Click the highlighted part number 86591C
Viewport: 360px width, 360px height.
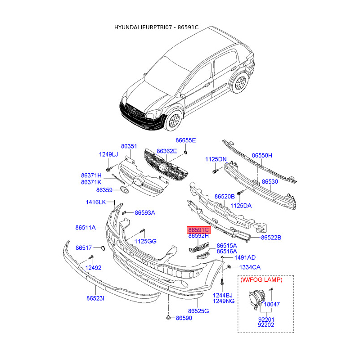pyautogui.click(x=198, y=229)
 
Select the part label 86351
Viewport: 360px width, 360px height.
pyautogui.click(x=129, y=146)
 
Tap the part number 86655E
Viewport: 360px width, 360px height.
pyautogui.click(x=186, y=140)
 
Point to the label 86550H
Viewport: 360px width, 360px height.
pyautogui.click(x=262, y=155)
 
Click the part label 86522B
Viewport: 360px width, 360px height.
pyautogui.click(x=271, y=237)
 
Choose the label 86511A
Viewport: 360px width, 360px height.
pyautogui.click(x=85, y=228)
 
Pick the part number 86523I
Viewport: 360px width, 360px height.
pyautogui.click(x=95, y=298)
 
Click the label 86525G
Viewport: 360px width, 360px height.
pyautogui.click(x=198, y=310)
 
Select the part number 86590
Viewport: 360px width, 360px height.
pyautogui.click(x=184, y=318)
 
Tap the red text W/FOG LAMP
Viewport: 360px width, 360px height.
pyautogui.click(x=261, y=279)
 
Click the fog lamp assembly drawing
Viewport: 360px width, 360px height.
pyautogui.click(x=256, y=300)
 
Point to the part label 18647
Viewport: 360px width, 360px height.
pyautogui.click(x=272, y=304)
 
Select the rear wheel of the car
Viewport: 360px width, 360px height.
pyautogui.click(x=240, y=83)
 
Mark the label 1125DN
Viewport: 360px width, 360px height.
pyautogui.click(x=216, y=159)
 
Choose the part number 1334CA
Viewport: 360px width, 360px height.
pyautogui.click(x=250, y=267)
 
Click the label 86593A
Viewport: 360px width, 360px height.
pyautogui.click(x=145, y=212)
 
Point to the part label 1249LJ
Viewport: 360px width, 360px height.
pyautogui.click(x=108, y=155)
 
